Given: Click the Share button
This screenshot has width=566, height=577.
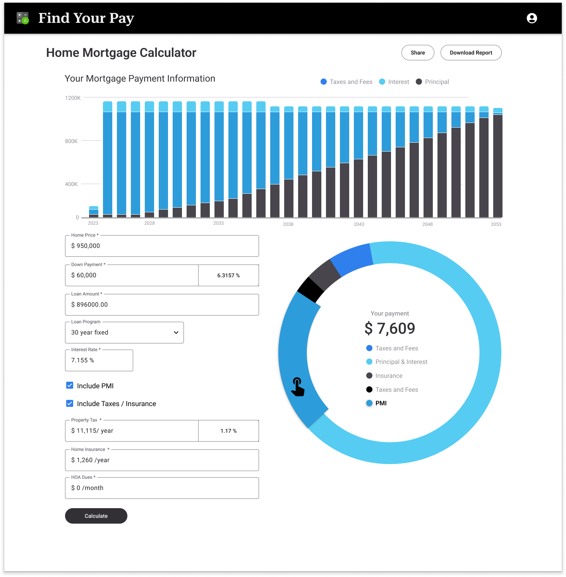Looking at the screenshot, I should coord(418,53).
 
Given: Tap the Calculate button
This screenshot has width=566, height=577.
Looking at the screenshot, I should coord(96,516).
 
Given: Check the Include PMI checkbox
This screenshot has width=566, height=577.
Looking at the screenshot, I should coord(70,386).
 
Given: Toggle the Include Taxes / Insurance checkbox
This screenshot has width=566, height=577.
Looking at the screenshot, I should coord(70,403).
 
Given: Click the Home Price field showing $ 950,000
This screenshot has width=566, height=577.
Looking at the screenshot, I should coord(162,246).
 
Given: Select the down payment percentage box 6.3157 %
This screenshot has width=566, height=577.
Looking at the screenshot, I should coord(228,275).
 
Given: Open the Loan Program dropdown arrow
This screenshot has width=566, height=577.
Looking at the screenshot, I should coord(176,333).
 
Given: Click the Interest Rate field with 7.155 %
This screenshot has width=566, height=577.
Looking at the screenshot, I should coord(99,360).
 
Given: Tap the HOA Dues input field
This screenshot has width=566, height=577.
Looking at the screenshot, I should coord(162,488).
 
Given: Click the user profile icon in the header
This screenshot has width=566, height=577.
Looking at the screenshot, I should coord(532,18).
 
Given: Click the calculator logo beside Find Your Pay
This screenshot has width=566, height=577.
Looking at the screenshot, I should coord(23,18).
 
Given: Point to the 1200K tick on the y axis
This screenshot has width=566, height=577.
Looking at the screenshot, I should coord(73,98).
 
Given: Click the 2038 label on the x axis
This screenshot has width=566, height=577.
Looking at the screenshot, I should coord(288,224).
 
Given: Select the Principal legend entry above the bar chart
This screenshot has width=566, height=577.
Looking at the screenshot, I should coord(432,82).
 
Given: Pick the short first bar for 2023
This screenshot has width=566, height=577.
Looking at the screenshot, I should coord(94,212).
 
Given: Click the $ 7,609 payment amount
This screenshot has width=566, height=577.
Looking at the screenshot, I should coord(390,329).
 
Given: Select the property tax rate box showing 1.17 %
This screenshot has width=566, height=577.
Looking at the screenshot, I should coord(228,431).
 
